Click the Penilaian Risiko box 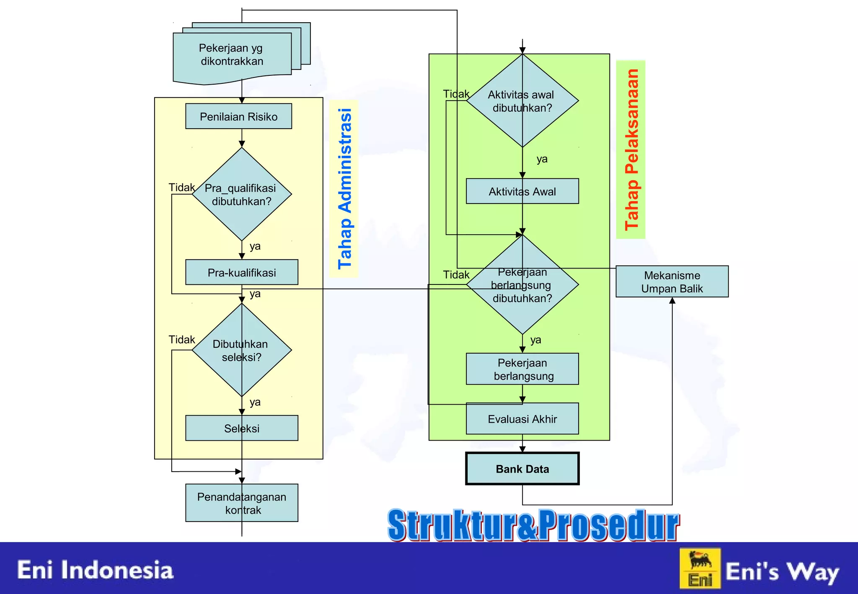click(x=238, y=116)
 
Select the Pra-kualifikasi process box click(x=242, y=273)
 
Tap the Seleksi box click(x=242, y=428)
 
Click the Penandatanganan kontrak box click(x=242, y=503)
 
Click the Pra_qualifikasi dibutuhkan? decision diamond click(x=242, y=194)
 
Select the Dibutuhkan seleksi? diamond click(x=242, y=350)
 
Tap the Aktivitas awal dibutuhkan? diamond click(x=522, y=101)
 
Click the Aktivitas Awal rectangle click(x=522, y=191)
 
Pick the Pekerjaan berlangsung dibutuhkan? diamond click(x=522, y=285)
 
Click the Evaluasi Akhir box click(x=522, y=419)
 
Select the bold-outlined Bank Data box click(x=522, y=469)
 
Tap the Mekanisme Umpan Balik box click(x=672, y=282)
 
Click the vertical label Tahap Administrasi click(x=344, y=189)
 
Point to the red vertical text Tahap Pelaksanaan click(x=631, y=150)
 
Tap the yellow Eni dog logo click(x=700, y=568)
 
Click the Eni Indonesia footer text click(x=95, y=571)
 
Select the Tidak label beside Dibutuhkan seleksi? click(x=181, y=339)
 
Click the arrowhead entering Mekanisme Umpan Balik click(x=672, y=301)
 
